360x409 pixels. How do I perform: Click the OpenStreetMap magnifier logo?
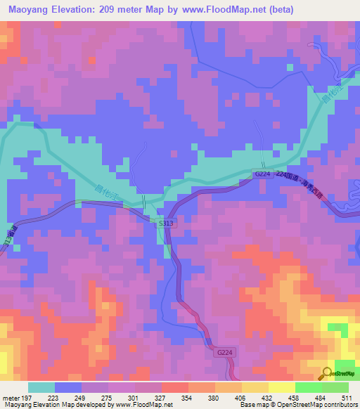[x=328, y=374]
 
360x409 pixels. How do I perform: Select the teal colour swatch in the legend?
[x=41, y=387]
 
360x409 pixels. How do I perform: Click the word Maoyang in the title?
[x=26, y=9]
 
